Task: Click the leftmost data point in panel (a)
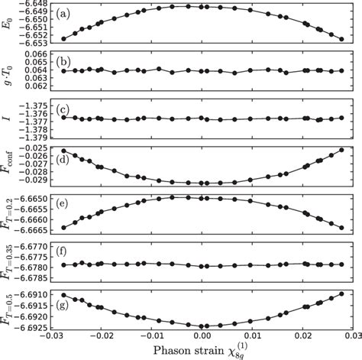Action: point(63,38)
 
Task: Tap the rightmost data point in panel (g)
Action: point(341,296)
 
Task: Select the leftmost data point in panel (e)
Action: point(63,227)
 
